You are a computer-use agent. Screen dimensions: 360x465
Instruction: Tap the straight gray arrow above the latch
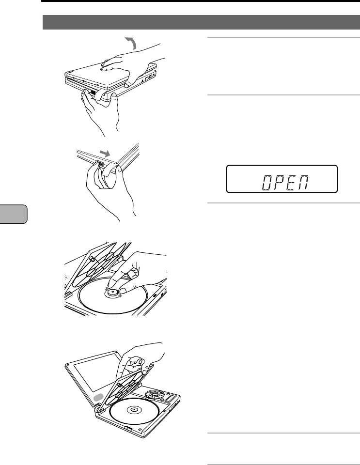tap(104, 153)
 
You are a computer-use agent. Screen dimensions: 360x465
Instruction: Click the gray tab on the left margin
tap(14, 214)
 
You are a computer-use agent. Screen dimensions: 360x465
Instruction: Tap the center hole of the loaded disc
tap(132, 410)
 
